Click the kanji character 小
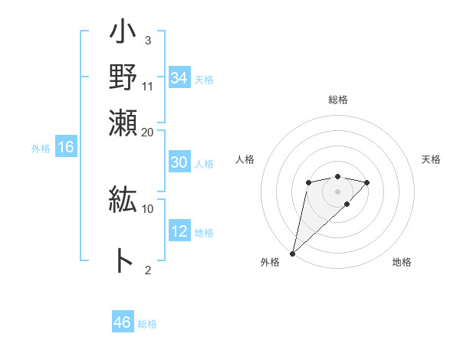123,36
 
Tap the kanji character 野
123,79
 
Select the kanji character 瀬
123,123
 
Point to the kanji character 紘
123,201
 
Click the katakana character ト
123,260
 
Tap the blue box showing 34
179,78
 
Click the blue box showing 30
179,162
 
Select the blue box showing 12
179,231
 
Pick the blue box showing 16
66,148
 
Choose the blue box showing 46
123,322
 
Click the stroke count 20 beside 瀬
148,133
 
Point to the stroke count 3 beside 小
147,40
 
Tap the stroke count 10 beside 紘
148,208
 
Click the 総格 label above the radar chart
337,100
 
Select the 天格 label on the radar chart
431,159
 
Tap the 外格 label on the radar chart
270,262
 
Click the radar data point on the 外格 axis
292,253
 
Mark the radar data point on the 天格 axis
367,182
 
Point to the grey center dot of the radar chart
337,191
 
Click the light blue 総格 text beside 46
147,324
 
